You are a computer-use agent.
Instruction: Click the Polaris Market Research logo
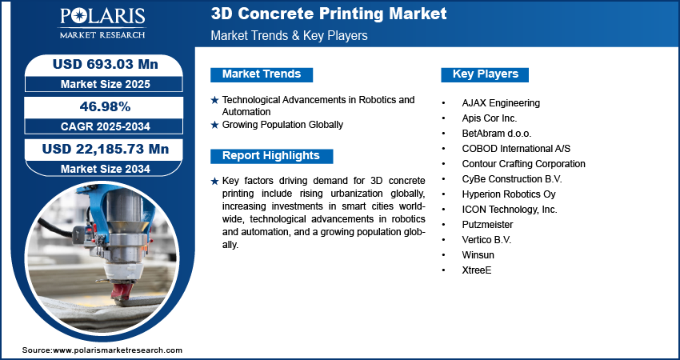coord(102,22)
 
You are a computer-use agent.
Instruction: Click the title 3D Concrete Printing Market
coord(329,14)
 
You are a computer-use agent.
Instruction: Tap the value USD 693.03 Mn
coord(106,64)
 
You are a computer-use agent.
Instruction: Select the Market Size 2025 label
coord(106,84)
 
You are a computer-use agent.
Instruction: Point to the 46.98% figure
coord(106,106)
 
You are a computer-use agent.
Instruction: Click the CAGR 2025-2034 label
coord(106,126)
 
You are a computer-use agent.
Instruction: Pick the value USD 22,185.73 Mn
coord(106,150)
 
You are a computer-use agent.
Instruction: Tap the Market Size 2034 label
coord(106,169)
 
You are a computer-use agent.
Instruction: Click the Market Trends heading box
coord(262,74)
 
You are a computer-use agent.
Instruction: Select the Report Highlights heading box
coord(271,156)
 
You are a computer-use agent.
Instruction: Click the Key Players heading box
coord(485,74)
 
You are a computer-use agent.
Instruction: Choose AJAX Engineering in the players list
coord(501,103)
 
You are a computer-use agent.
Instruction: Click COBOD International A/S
coord(516,149)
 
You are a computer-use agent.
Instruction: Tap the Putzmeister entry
coord(487,225)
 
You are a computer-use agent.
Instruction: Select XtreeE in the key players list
coord(477,270)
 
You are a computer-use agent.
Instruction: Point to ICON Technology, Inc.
coord(510,210)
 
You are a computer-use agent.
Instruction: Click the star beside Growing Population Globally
coord(214,125)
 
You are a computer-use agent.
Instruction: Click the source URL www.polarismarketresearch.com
coord(118,350)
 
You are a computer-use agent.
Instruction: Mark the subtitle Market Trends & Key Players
coord(290,35)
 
